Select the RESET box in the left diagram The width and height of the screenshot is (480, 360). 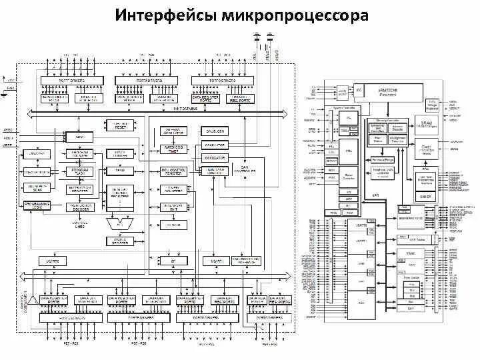pos(121,125)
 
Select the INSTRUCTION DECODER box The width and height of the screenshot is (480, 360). pos(81,207)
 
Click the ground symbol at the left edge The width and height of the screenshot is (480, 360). pos(5,93)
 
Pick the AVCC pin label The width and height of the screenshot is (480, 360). pos(9,131)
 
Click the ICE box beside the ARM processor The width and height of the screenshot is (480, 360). pos(359,89)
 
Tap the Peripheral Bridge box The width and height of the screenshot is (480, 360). pos(382,161)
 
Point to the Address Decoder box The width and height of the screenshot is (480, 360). pos(398,127)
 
